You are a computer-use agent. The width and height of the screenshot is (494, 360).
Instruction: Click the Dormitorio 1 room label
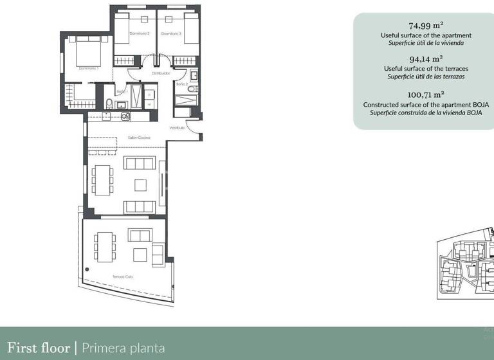point(87,67)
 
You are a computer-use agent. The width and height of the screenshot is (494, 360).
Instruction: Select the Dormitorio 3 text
point(171,33)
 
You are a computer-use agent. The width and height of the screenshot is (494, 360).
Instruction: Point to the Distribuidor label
point(161,73)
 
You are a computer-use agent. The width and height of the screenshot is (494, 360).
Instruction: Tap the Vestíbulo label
point(178,128)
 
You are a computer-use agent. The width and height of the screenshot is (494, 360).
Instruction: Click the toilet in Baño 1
point(109,105)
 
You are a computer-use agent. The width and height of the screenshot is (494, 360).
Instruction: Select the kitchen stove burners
point(126,116)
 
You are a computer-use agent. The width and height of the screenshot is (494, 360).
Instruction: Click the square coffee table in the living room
point(140,185)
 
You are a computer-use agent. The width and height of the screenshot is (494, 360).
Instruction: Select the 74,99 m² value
point(426,26)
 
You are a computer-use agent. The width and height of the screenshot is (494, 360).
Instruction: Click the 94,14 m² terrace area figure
point(426,59)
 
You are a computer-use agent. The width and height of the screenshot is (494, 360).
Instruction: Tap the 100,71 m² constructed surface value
point(426,94)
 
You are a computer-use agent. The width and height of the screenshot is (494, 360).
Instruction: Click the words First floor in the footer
point(38,348)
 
